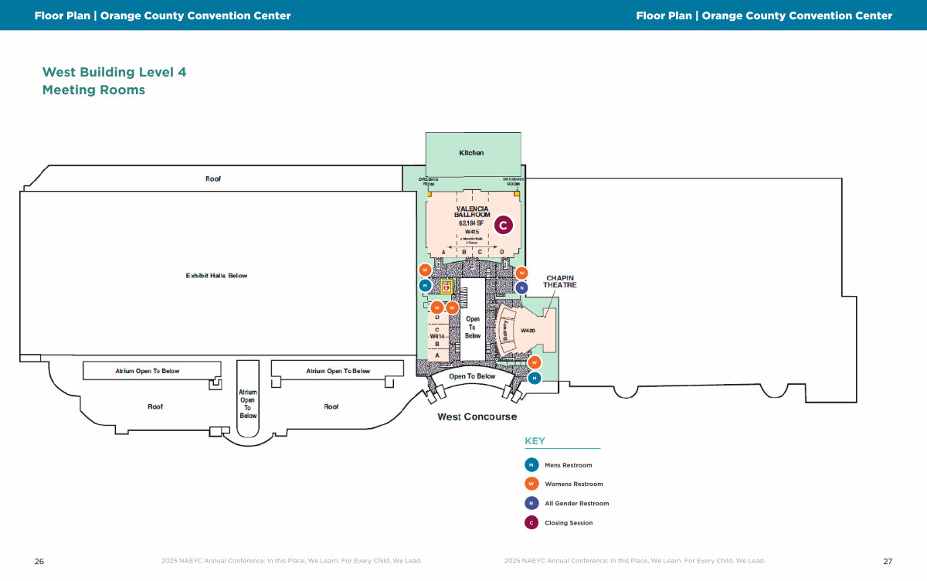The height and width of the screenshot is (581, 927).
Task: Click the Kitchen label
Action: point(471,153)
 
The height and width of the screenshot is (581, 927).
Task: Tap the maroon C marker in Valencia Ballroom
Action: point(503,226)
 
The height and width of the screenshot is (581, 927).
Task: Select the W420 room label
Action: point(528,331)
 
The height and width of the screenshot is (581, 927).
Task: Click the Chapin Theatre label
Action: point(561,281)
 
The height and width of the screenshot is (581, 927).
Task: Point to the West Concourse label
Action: point(477,417)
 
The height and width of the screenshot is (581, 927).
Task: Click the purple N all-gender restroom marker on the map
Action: point(521,287)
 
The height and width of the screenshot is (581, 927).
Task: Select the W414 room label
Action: point(437,337)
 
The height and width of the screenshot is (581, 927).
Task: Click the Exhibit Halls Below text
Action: point(216,276)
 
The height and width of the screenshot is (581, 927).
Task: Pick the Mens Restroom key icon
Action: point(531,465)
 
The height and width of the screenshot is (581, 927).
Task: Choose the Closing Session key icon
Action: point(531,523)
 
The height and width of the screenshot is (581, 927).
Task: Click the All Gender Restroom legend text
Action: point(576,504)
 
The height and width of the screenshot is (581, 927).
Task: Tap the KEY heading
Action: point(535,441)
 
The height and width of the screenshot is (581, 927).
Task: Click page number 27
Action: point(888,562)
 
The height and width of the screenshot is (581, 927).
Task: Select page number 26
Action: point(39,562)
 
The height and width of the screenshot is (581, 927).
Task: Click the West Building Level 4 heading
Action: point(114,73)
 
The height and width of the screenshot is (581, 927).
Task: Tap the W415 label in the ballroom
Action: point(472,232)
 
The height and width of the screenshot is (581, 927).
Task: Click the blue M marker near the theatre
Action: point(535,378)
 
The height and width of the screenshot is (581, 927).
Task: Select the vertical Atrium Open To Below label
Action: point(247,404)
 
